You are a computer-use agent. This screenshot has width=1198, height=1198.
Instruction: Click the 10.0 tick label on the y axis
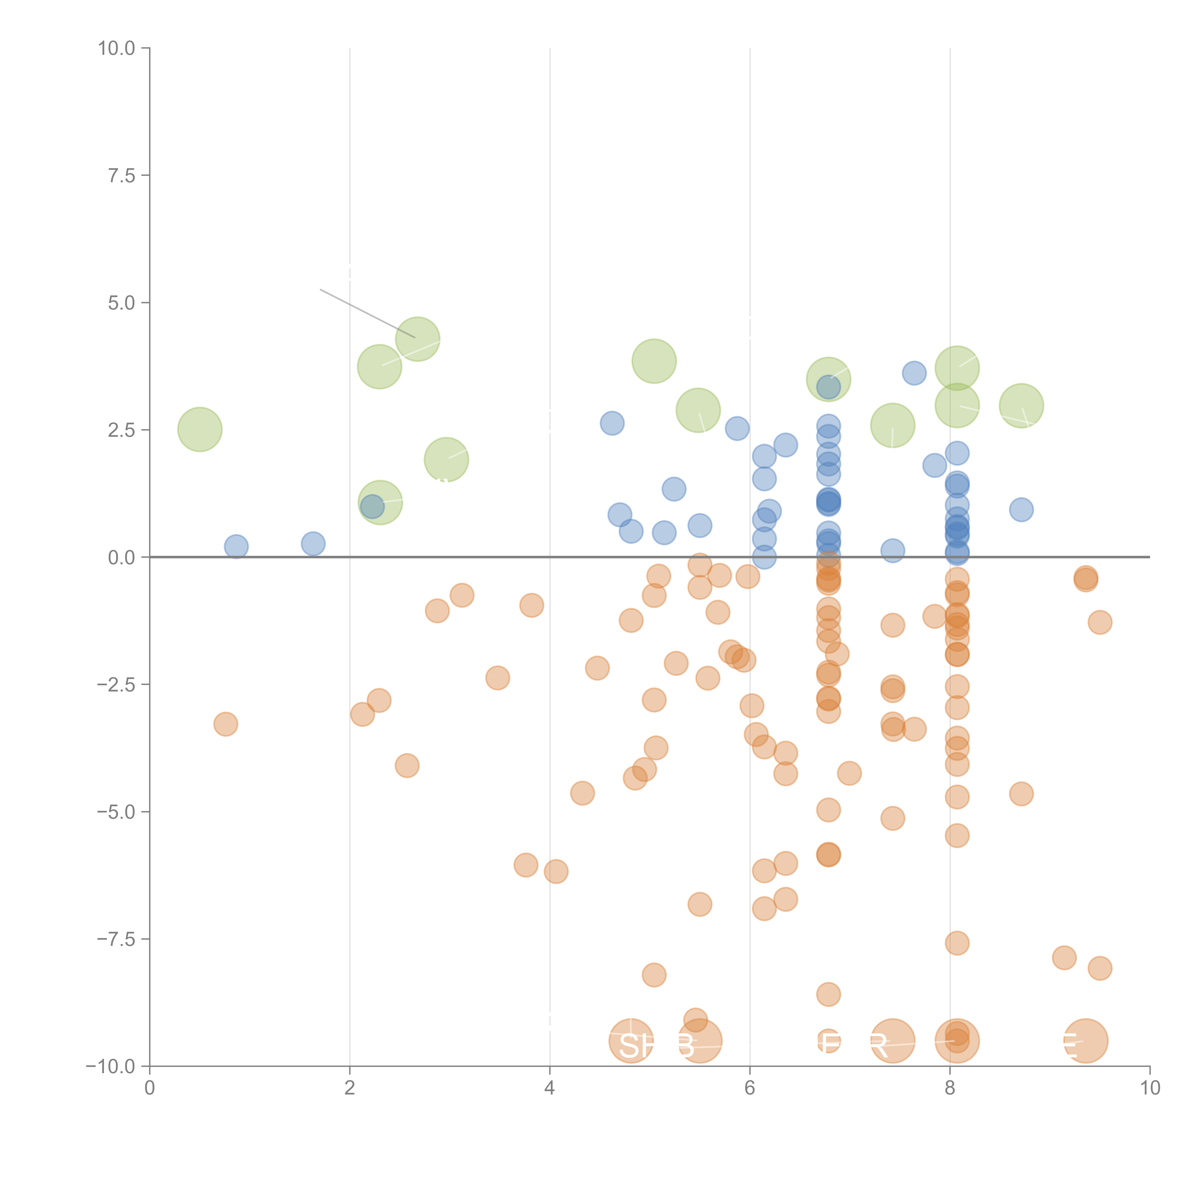(117, 48)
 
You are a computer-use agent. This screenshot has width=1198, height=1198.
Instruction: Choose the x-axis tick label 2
(350, 1088)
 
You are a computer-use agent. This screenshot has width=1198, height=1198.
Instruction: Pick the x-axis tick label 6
(750, 1088)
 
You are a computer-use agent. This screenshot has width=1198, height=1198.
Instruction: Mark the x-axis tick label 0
(150, 1088)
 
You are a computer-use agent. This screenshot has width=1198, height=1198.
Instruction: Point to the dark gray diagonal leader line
(367, 313)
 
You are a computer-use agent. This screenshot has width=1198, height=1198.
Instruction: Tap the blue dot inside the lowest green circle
(372, 507)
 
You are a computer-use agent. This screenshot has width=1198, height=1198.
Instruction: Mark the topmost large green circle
(418, 339)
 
